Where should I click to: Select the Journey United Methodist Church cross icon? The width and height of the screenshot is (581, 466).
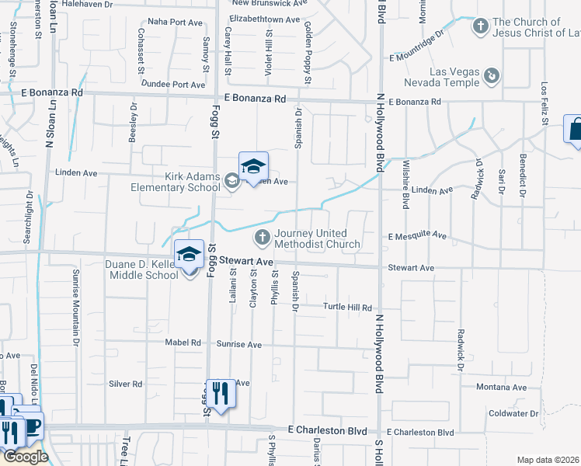coord(263,236)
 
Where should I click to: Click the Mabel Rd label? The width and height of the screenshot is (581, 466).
coord(183,343)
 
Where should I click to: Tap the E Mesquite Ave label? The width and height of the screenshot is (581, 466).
coord(417,235)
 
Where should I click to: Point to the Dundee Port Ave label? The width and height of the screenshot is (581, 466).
coord(178,85)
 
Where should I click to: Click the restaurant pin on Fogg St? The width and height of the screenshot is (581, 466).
coord(221,394)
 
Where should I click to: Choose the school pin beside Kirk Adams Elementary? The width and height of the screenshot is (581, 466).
coord(253,166)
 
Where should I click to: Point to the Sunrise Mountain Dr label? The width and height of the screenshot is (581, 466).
coord(76,308)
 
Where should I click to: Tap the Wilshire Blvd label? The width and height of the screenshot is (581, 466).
coord(405,184)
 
